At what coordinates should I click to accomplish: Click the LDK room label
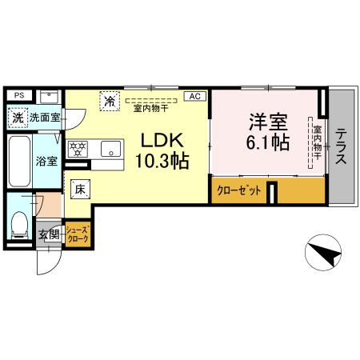[x=163, y=139]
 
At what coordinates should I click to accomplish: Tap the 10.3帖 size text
[x=162, y=161]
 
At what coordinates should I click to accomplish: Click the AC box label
[x=194, y=96]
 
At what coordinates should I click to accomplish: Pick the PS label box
[x=19, y=95]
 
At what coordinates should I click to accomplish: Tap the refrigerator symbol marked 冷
[x=109, y=102]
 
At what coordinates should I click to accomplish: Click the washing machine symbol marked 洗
[x=17, y=118]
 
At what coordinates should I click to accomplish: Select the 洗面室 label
[x=45, y=118]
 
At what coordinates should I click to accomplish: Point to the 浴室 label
[x=46, y=161]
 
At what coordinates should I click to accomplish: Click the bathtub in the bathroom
[x=19, y=160]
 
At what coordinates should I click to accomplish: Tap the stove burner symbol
[x=78, y=150]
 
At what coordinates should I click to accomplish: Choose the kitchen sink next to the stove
[x=108, y=149]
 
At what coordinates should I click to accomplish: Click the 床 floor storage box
[x=80, y=190]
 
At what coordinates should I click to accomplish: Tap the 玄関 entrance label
[x=48, y=234]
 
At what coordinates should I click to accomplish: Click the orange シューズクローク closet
[x=78, y=234]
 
